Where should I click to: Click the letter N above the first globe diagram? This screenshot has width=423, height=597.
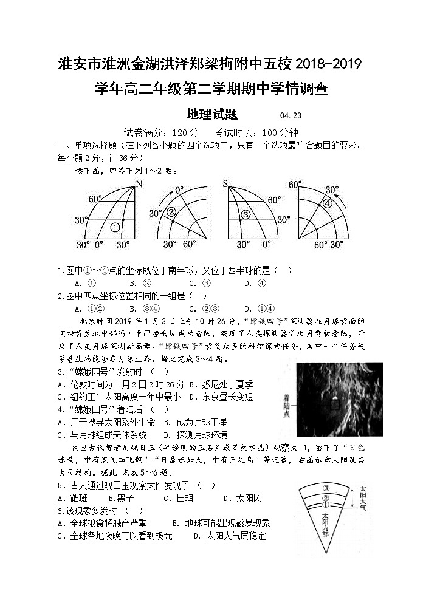pos(139,184)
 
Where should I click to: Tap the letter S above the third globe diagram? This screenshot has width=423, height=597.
pos(225,184)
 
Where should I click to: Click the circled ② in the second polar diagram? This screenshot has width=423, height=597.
pos(171,212)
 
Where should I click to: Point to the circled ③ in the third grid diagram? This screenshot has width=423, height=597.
pos(245,214)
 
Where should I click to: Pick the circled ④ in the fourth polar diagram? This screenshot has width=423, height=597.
pos(327,203)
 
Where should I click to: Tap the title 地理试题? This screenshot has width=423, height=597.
pos(211,114)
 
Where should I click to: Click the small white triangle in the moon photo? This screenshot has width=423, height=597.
pos(334,401)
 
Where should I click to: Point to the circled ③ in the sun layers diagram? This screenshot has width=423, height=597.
pos(326,488)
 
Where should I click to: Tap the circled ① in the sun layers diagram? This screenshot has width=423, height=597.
pos(326,504)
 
